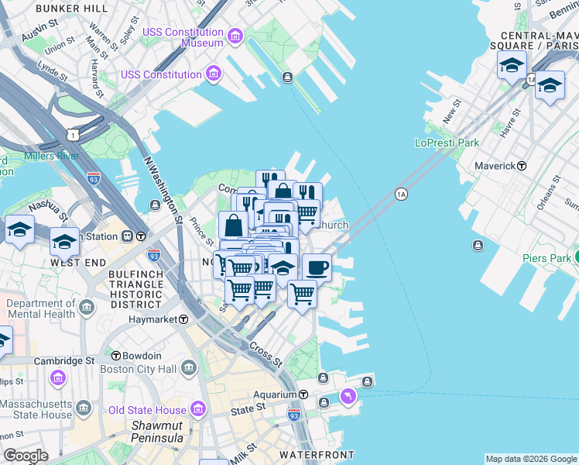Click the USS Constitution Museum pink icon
click(x=235, y=36)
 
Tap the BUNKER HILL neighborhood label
click(x=72, y=8)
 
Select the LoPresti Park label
click(x=447, y=143)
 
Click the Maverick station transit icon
click(x=522, y=166)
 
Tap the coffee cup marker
click(x=317, y=268)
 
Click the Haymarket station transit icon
click(x=183, y=319)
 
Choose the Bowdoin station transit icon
click(x=116, y=356)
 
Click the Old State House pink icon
click(x=197, y=408)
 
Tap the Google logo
click(x=25, y=455)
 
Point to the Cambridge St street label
click(x=68, y=361)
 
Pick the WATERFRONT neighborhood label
click(x=317, y=455)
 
